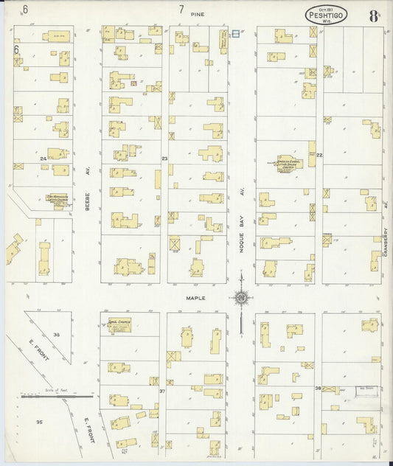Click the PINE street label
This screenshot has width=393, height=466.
coord(196,14)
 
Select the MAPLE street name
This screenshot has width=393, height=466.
coord(196,298)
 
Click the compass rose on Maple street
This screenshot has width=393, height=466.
coord(240,298)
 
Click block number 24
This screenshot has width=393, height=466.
coord(44,159)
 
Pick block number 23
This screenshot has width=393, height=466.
coord(164,159)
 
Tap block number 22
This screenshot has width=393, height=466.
coord(319,156)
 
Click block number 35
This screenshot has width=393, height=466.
coord(38,422)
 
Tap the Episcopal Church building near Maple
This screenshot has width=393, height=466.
coord(119,325)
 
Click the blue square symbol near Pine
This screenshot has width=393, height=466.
coord(235,33)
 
